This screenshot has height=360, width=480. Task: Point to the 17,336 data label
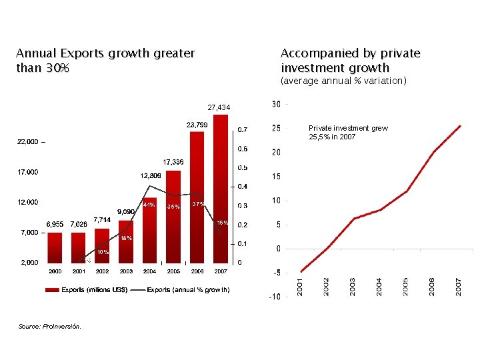pos(174,162)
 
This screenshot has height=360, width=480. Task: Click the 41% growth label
pos(149,205)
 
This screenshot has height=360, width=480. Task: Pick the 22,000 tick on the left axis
pos(27,142)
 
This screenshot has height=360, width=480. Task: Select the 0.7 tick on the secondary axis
pos(244,129)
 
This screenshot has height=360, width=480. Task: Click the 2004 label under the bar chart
pos(149,271)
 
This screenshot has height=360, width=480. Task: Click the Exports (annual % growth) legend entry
pos(188,290)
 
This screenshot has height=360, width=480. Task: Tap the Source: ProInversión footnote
pos(50,326)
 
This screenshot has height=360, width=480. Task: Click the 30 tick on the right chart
pos(276,104)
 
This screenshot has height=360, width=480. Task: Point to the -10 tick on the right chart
pos(274,297)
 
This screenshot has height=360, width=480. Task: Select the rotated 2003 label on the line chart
pos(353,287)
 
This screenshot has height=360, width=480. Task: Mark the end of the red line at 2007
pos(460,125)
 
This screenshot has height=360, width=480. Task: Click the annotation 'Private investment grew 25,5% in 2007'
pos(348,132)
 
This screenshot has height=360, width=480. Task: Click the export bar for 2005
pos(173,216)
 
